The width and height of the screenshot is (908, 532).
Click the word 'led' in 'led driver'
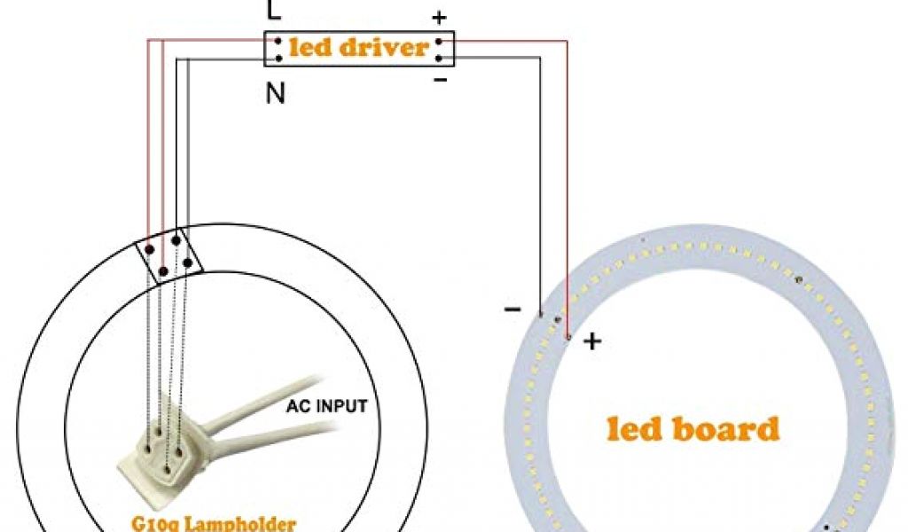309,47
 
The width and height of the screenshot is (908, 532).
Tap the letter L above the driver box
274,12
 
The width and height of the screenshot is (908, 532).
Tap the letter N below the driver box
276,93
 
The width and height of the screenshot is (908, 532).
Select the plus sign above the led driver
439,18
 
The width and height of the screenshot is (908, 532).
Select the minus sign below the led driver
441,81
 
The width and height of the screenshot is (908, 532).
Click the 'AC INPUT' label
326,409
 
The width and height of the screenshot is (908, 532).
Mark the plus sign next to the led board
591,341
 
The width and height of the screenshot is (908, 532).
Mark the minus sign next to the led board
513,309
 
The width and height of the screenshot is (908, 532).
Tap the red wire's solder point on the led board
567,337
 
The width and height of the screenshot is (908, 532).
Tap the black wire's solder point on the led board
540,315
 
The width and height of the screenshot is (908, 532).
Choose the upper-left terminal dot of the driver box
278,41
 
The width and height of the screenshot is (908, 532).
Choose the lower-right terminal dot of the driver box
439,58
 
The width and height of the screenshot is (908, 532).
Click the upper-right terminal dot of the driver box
439,41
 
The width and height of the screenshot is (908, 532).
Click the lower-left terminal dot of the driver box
278,58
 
